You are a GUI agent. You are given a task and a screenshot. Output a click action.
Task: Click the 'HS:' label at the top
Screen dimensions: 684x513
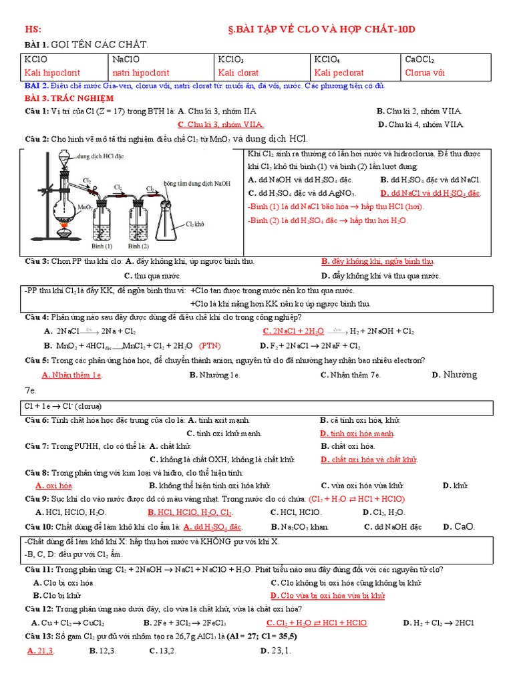click(x=33, y=29)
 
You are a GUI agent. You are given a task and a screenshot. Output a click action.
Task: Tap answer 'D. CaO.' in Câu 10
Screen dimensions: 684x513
click(x=459, y=526)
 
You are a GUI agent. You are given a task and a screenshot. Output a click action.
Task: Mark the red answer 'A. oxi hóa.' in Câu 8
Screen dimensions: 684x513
click(x=53, y=486)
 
